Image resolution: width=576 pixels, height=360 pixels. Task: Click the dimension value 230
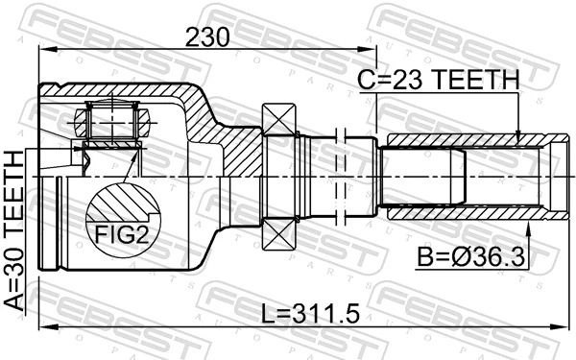click(x=207, y=37)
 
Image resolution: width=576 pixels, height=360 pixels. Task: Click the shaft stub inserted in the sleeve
click(x=422, y=177)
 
